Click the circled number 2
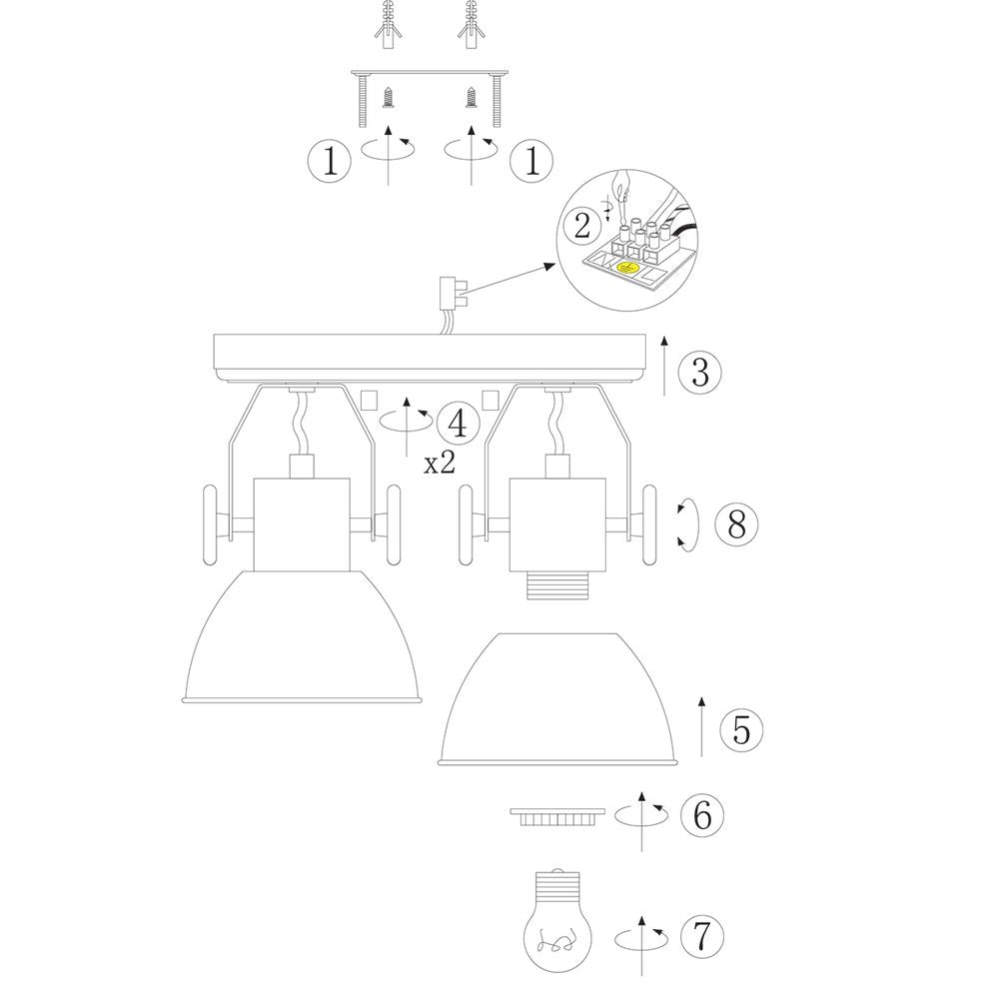[x=582, y=226]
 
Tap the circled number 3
[x=699, y=372]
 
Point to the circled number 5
[x=741, y=729]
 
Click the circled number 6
[x=702, y=814]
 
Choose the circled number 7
[x=702, y=936]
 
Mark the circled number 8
[x=736, y=525]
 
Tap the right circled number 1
[x=532, y=160]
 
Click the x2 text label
[x=440, y=464]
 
